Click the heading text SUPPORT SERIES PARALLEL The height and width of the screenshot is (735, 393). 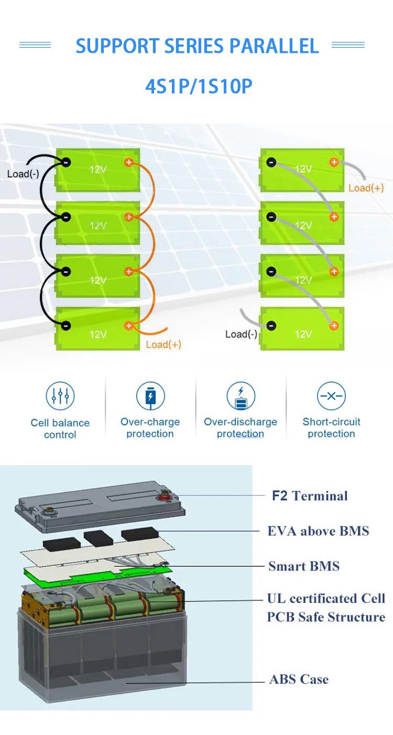pyautogui.click(x=197, y=46)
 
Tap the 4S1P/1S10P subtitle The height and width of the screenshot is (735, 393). pyautogui.click(x=199, y=86)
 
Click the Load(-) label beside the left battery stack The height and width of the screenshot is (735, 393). pyautogui.click(x=23, y=173)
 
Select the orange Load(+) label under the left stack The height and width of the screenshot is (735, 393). pyautogui.click(x=163, y=344)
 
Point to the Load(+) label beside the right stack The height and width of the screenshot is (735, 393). pyautogui.click(x=366, y=188)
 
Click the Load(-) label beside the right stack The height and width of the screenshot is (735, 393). pyautogui.click(x=241, y=334)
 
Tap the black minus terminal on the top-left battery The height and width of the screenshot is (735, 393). pyautogui.click(x=66, y=162)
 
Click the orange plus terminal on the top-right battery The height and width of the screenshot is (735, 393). pyautogui.click(x=334, y=162)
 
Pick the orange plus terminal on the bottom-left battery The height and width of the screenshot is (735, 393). pyautogui.click(x=129, y=325)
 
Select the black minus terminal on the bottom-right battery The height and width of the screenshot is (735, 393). pyautogui.click(x=271, y=325)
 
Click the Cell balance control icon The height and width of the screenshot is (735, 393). pyautogui.click(x=60, y=396)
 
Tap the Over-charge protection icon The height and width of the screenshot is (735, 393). pyautogui.click(x=150, y=396)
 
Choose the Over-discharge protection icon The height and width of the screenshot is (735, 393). pyautogui.click(x=241, y=396)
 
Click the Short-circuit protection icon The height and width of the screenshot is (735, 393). pyautogui.click(x=331, y=396)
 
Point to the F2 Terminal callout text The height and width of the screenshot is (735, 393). pyautogui.click(x=310, y=496)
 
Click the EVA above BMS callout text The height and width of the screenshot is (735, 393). pyautogui.click(x=318, y=531)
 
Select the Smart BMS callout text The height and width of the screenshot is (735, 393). pyautogui.click(x=304, y=566)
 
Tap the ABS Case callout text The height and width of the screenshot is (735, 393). pyautogui.click(x=299, y=679)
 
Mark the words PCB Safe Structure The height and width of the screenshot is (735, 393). pyautogui.click(x=326, y=617)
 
